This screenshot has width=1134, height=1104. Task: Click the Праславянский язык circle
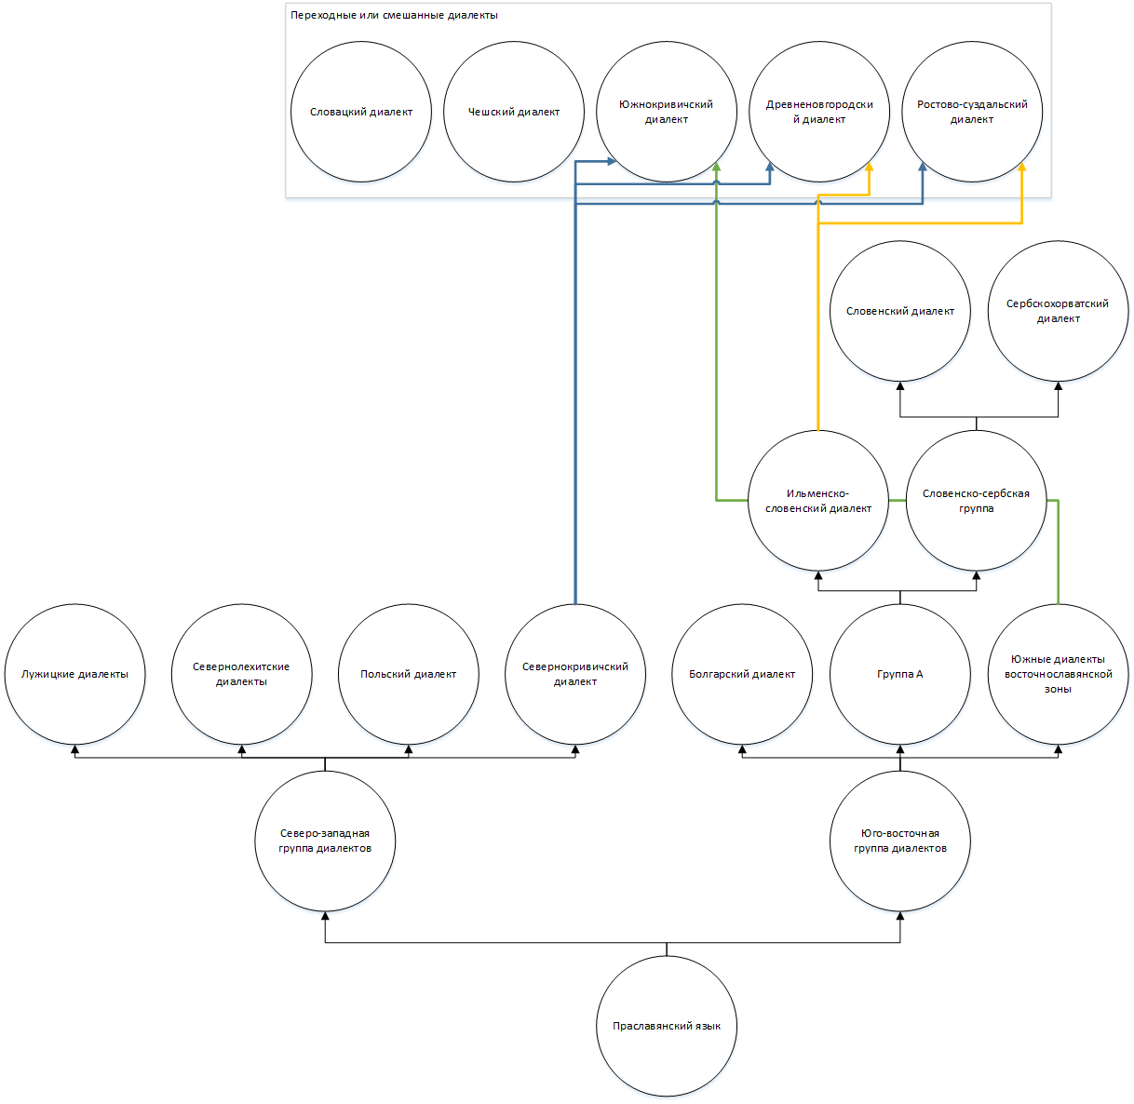(666, 1026)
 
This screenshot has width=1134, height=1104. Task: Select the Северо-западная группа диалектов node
(325, 841)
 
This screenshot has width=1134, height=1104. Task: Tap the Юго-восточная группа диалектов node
(899, 841)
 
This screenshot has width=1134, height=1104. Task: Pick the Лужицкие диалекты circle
(74, 674)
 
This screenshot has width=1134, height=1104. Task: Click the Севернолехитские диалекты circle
(241, 674)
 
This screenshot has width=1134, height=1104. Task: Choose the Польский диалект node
(408, 674)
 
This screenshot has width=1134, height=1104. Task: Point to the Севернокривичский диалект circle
(575, 674)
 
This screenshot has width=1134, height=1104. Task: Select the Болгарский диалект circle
(742, 674)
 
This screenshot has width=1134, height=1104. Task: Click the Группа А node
(899, 674)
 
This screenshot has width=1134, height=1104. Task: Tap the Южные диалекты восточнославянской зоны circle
(1058, 674)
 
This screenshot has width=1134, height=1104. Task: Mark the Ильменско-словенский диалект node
(818, 501)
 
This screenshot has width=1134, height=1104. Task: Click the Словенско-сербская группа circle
(976, 501)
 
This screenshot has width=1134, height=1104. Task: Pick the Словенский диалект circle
(899, 311)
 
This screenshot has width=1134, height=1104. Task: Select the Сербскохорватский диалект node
(1058, 311)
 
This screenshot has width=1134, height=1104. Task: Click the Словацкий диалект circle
(360, 112)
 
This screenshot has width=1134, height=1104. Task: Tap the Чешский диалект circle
(513, 112)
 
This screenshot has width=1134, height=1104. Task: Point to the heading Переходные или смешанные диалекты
(394, 15)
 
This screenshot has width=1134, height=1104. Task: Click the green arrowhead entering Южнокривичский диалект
(716, 167)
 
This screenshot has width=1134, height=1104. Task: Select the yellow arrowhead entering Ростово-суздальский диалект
(1021, 167)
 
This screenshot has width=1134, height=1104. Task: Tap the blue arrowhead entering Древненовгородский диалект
(770, 167)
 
